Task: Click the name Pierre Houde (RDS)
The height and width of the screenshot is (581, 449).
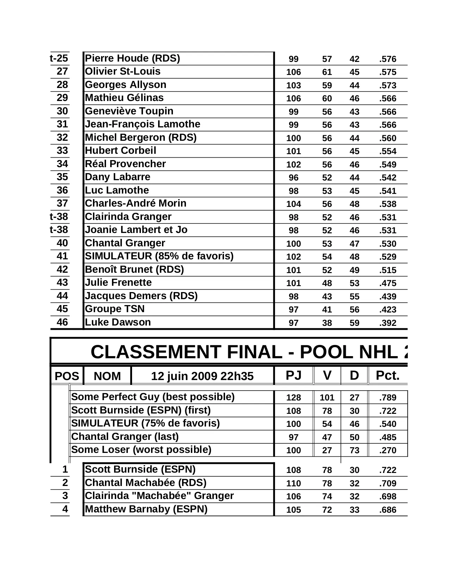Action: (x=132, y=58)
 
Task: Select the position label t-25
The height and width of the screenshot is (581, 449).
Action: (x=59, y=58)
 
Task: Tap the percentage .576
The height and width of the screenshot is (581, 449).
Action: (x=388, y=59)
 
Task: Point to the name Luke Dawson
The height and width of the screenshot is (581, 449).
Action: (x=118, y=322)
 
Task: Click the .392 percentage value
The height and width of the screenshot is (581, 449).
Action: (x=388, y=323)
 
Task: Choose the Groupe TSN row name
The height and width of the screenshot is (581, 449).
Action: (x=115, y=309)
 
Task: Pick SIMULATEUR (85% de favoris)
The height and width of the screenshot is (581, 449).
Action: (x=159, y=256)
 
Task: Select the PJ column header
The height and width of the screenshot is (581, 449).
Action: (x=293, y=376)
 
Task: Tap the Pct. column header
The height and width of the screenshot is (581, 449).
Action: (x=388, y=376)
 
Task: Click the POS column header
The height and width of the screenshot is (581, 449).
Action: (x=67, y=376)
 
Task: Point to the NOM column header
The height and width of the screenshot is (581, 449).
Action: (x=107, y=376)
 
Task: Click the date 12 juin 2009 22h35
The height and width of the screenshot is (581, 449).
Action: (x=202, y=376)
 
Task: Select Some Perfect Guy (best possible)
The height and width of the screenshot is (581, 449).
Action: (x=153, y=397)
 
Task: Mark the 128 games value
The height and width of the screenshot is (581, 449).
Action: (x=293, y=398)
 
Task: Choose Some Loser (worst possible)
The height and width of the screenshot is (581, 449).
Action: (x=141, y=450)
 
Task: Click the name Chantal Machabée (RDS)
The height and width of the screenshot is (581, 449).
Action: (x=145, y=483)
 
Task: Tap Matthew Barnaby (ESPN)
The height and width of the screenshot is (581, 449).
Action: (x=146, y=509)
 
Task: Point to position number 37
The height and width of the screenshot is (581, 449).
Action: (x=62, y=203)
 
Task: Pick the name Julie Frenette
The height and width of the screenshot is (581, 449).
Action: (x=118, y=283)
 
